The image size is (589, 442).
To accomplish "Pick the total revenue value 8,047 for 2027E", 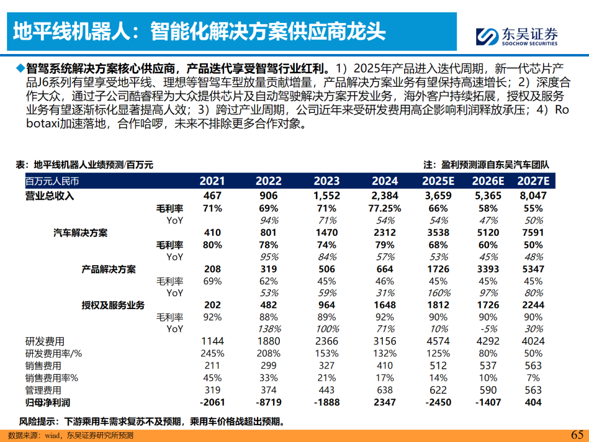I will point(533,195).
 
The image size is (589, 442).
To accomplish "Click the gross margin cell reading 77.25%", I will point(385,208).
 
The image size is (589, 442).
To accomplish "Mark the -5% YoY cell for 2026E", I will point(485,329).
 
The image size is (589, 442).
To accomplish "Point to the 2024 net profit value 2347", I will point(385,402).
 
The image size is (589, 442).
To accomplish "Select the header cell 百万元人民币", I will point(52,181).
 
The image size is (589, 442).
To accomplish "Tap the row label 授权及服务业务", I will point(113,305).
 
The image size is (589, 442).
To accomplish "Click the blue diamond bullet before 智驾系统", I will point(20,69).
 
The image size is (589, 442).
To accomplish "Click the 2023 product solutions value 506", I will point(327,269).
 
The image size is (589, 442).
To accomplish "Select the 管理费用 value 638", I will point(385,390).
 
